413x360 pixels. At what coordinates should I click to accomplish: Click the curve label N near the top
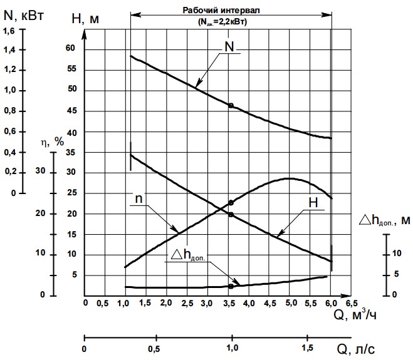click(x=229, y=46)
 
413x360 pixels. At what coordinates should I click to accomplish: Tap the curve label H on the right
click(x=313, y=202)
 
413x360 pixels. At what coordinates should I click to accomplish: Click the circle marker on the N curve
click(x=231, y=106)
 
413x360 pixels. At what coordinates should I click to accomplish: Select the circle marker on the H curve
click(x=231, y=215)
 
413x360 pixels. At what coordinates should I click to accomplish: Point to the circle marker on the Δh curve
click(x=231, y=286)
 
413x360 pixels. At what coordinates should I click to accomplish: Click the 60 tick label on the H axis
click(x=70, y=48)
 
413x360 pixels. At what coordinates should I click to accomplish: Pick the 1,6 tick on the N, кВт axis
click(x=9, y=31)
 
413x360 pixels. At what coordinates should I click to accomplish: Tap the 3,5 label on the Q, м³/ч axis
click(x=229, y=304)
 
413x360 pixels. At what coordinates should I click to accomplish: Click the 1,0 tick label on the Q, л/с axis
click(x=232, y=348)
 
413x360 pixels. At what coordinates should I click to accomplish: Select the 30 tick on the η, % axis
click(x=40, y=170)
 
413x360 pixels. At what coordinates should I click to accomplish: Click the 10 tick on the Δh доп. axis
click(x=397, y=253)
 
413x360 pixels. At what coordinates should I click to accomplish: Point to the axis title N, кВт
click(x=23, y=16)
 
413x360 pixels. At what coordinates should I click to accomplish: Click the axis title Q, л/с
click(x=355, y=349)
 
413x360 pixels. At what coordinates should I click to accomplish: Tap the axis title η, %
click(x=53, y=142)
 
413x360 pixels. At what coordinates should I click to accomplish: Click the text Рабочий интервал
click(x=221, y=10)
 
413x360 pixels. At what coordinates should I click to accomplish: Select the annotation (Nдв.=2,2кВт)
click(x=222, y=21)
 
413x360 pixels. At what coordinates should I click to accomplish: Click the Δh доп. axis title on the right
click(x=385, y=220)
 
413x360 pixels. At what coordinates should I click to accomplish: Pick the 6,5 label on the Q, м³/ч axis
click(x=352, y=304)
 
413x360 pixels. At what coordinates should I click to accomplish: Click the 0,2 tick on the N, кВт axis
click(x=11, y=172)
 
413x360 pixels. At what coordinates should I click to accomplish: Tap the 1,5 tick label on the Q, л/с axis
click(x=307, y=348)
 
